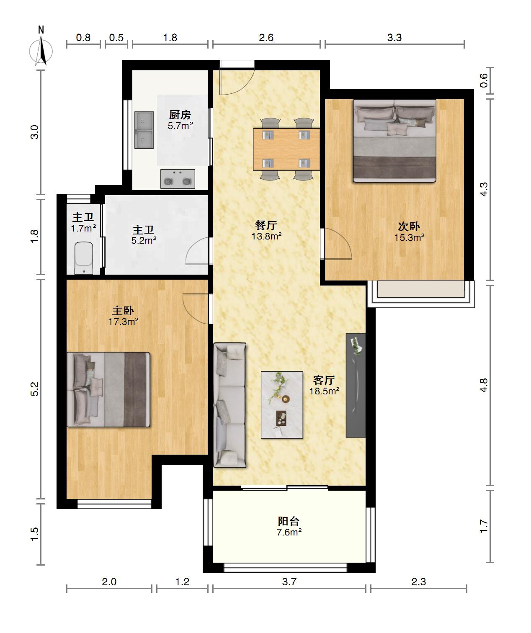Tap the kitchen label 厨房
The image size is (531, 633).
click(180, 115)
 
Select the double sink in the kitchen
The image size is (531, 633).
click(144, 130)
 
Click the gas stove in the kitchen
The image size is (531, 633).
click(178, 179)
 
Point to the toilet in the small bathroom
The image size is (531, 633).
click(84, 258)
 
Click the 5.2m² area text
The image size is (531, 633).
click(144, 240)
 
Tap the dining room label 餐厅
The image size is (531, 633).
click(266, 225)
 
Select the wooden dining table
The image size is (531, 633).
click(286, 149)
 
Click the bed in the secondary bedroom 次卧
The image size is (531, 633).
click(394, 141)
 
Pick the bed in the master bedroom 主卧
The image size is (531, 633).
click(108, 390)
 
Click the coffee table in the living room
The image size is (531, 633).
click(282, 405)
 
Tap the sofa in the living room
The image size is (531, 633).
click(229, 405)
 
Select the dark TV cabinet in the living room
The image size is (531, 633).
click(356, 385)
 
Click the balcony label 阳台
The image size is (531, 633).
click(289, 521)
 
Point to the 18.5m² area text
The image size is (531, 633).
click(324, 391)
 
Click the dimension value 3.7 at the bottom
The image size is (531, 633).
click(289, 582)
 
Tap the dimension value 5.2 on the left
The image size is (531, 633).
click(35, 389)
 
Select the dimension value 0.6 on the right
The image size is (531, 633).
click(484, 80)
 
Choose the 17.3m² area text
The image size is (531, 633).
click(124, 322)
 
